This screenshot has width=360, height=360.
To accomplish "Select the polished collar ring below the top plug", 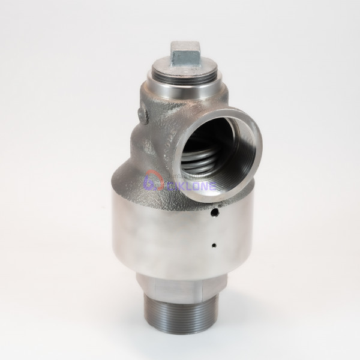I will pos(180,90).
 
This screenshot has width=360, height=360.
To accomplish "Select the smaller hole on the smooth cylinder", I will pos(214,245).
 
